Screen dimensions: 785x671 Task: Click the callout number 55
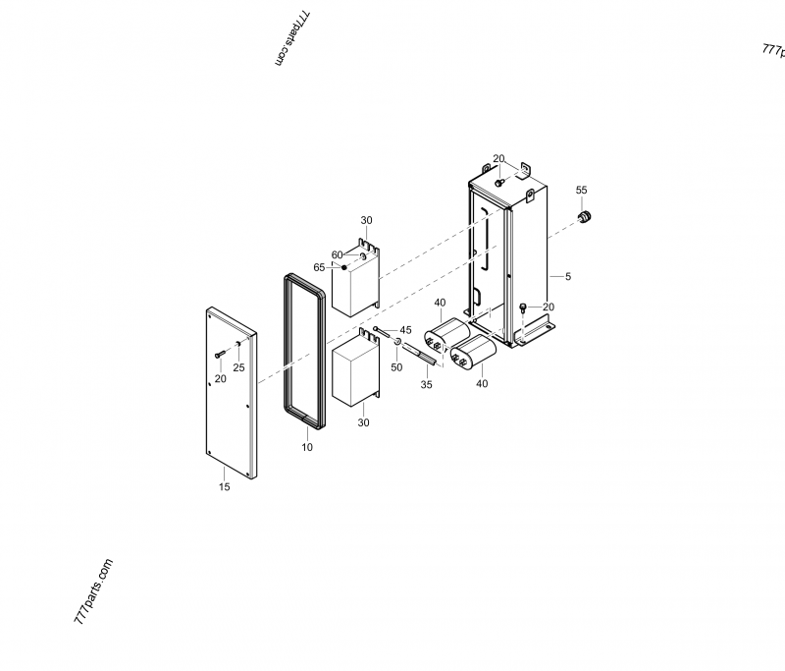tap(581, 190)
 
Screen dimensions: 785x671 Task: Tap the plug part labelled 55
tap(584, 217)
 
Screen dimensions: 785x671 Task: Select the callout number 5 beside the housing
tap(568, 277)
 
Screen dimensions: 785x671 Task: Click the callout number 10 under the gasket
tap(307, 447)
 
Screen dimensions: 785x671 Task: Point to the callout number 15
tap(225, 486)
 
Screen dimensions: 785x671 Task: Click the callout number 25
tap(238, 367)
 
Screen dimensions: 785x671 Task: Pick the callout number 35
tap(426, 384)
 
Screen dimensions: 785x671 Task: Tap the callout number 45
tap(405, 330)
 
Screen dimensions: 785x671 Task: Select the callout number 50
tap(396, 367)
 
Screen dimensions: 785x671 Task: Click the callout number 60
tap(337, 255)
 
